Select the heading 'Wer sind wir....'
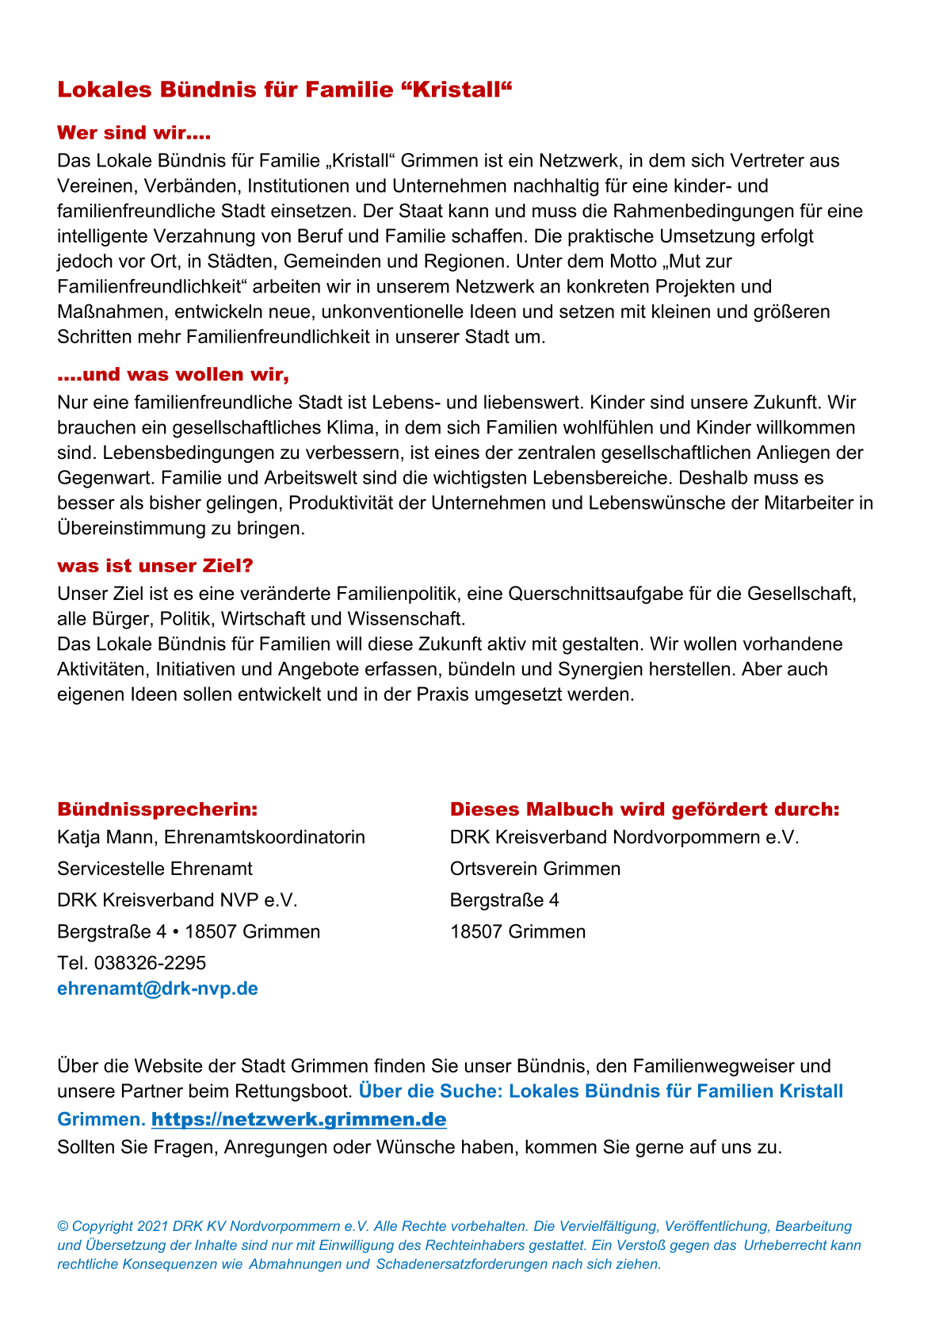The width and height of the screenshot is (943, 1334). tap(134, 132)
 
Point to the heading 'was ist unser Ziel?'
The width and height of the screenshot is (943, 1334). tap(155, 566)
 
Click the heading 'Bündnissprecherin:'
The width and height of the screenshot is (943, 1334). tap(158, 809)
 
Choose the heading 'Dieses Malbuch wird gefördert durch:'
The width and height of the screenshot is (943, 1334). tap(644, 809)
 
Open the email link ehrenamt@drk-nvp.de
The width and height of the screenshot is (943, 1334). tap(158, 988)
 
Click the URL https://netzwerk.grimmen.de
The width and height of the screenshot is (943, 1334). tap(299, 1119)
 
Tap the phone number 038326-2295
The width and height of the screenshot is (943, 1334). tap(150, 963)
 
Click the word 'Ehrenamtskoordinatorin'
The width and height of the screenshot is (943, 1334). tap(265, 837)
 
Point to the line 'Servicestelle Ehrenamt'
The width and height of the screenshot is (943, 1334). tap(155, 869)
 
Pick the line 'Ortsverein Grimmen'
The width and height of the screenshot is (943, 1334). tap(535, 869)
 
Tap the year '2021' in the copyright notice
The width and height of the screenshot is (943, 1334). tap(152, 1226)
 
